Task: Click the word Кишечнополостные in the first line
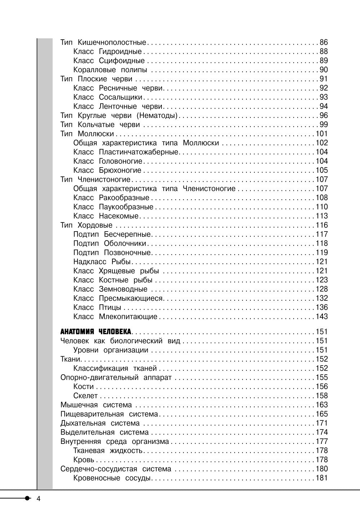pyautogui.click(x=112, y=43)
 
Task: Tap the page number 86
pyautogui.click(x=324, y=43)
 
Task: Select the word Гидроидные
pyautogui.click(x=120, y=52)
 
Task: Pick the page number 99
pyautogui.click(x=324, y=125)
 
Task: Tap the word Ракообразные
pyautogui.click(x=124, y=198)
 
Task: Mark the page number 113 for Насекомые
pyautogui.click(x=322, y=216)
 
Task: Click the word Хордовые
pyautogui.click(x=95, y=225)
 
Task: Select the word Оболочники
pyautogui.click(x=125, y=243)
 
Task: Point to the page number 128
pyautogui.click(x=322, y=289)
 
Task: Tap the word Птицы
pyautogui.click(x=110, y=308)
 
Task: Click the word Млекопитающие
pyautogui.click(x=128, y=317)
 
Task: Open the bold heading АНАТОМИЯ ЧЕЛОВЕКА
pyautogui.click(x=96, y=332)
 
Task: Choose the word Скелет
pyautogui.click(x=85, y=396)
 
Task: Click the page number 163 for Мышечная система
pyautogui.click(x=322, y=405)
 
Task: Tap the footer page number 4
pyautogui.click(x=39, y=499)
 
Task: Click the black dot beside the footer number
pyautogui.click(x=28, y=498)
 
